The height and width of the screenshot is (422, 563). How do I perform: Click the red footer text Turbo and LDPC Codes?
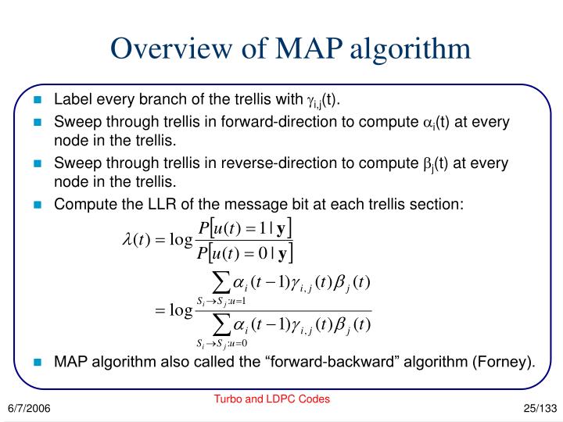coord(272,399)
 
